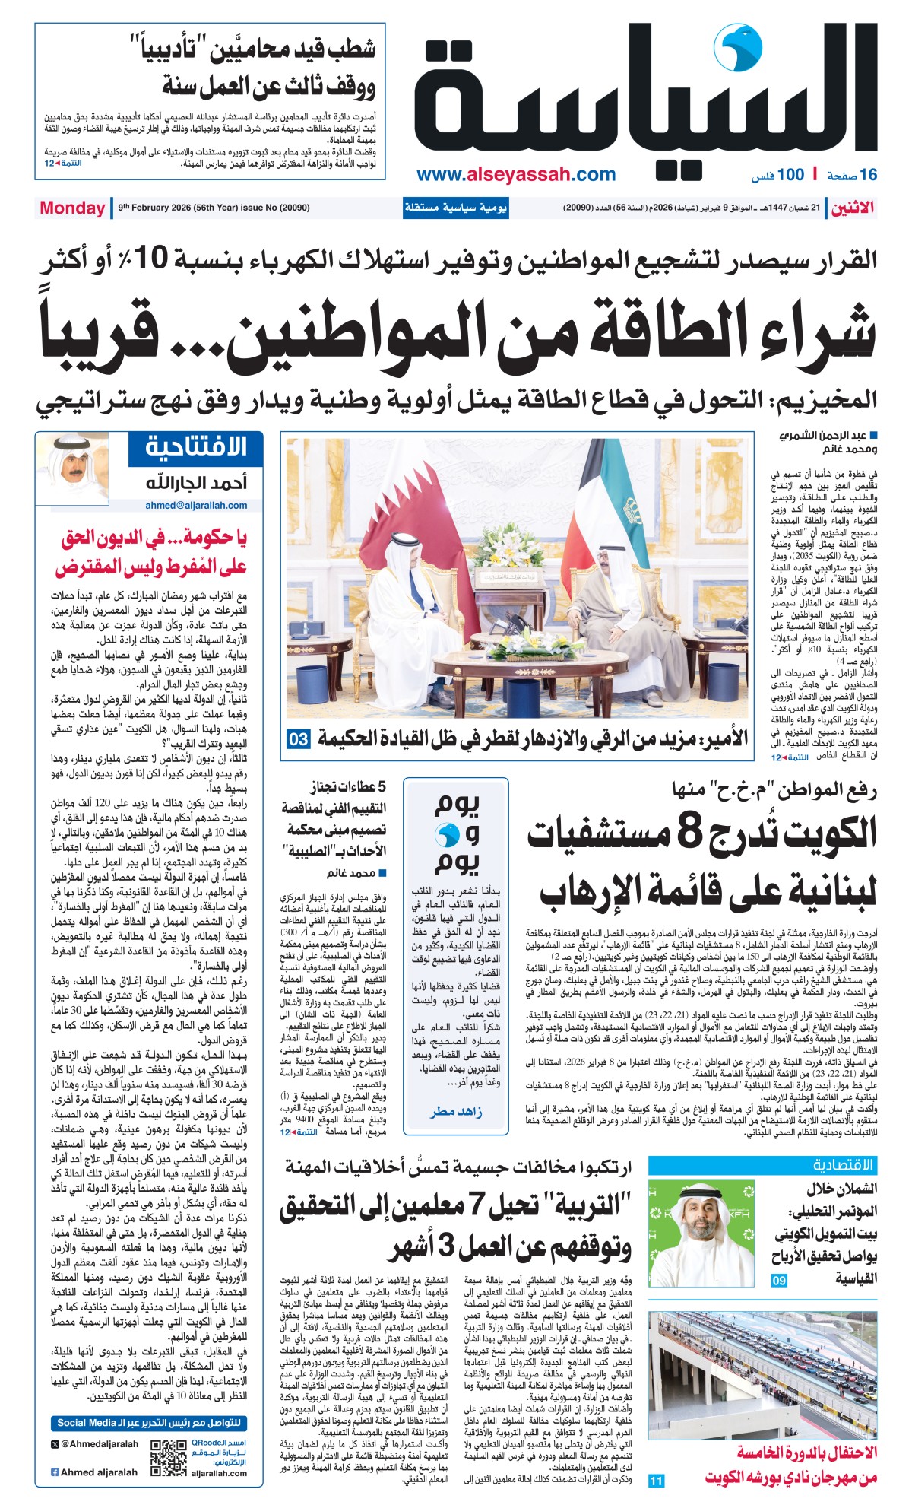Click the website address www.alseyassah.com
coord(516,175)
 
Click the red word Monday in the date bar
coord(72,208)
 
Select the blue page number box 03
coord(299,738)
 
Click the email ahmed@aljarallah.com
coord(196,505)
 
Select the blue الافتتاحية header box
coord(195,447)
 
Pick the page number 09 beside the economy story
coord(779,1281)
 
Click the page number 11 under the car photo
coord(656,1480)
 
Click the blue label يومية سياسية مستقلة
coord(455,208)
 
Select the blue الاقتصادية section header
coord(843,1165)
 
